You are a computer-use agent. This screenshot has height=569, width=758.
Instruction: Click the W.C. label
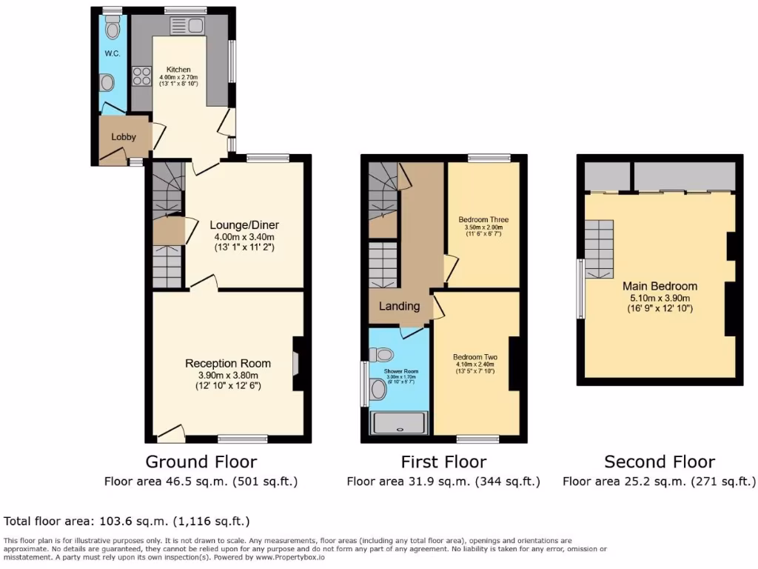tap(113, 54)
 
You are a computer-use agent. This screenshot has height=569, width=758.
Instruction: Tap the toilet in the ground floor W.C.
tap(113, 29)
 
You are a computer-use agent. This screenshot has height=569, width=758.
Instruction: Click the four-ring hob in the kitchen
tap(141, 76)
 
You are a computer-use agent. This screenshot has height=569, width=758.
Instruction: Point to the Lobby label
tap(124, 137)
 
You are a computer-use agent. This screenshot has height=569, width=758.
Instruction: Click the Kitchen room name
tap(178, 70)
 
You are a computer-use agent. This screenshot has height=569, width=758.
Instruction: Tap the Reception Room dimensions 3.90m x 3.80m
tap(228, 375)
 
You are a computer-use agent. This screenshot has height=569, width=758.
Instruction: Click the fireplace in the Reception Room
tap(296, 362)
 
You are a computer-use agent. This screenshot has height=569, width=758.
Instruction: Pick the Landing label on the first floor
tap(399, 306)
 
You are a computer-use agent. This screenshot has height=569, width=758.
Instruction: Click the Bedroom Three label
tap(483, 220)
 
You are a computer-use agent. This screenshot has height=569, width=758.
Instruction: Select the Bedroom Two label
tap(475, 356)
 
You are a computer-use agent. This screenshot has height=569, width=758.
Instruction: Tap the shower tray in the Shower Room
tap(399, 423)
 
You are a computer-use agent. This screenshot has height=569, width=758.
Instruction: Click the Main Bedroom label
tap(660, 286)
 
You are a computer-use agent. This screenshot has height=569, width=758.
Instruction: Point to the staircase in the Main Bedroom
tap(600, 248)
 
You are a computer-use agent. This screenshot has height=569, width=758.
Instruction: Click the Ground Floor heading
tap(201, 462)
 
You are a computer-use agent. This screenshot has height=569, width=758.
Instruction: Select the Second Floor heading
tap(660, 462)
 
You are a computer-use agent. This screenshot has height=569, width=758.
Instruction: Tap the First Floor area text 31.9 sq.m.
tap(443, 482)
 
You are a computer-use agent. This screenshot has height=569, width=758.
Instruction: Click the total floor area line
tap(127, 522)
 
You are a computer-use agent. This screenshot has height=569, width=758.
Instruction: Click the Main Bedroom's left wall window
tap(580, 288)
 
